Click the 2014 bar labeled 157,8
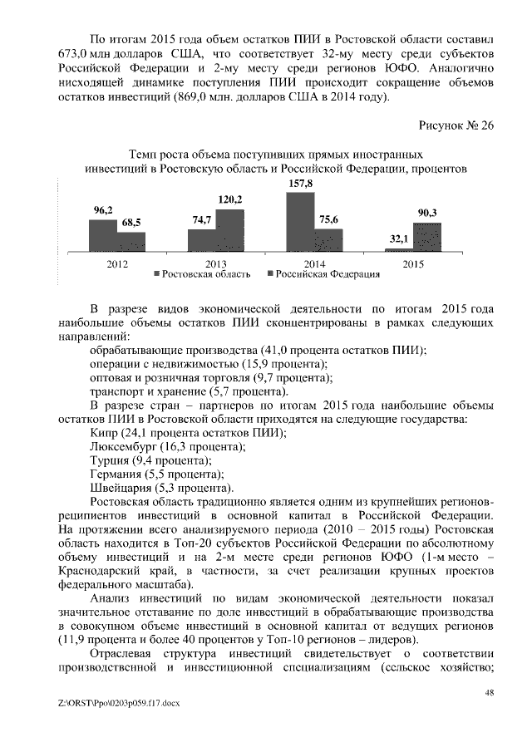click(300, 222)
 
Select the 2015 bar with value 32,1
click(398, 249)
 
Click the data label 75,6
click(328, 220)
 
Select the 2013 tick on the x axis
click(216, 263)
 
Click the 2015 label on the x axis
click(413, 263)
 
